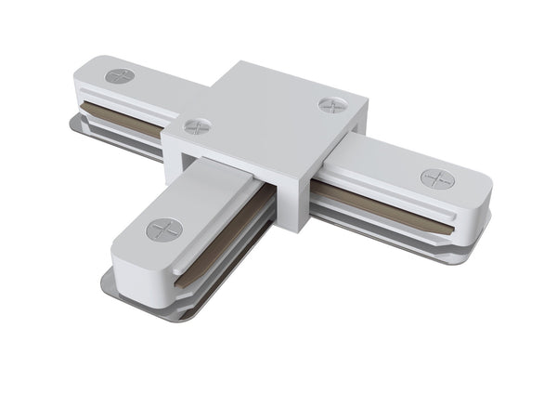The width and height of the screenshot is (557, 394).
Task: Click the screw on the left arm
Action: pyautogui.click(x=120, y=75)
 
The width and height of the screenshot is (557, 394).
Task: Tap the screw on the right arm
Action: pyautogui.click(x=436, y=178)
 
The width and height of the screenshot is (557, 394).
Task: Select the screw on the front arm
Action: pyautogui.click(x=165, y=229)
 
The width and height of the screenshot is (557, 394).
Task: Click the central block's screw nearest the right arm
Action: pyautogui.click(x=332, y=105)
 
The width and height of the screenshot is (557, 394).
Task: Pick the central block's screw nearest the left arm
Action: pyautogui.click(x=196, y=125)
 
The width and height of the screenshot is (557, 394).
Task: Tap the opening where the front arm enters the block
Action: pyautogui.click(x=232, y=177)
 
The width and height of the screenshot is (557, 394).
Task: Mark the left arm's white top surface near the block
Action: pyautogui.click(x=172, y=88)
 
